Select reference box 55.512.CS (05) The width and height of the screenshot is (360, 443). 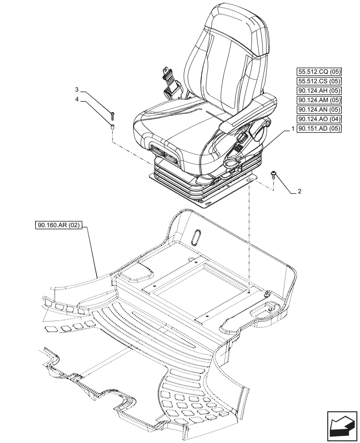point(319,81)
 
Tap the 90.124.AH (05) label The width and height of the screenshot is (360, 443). point(319,91)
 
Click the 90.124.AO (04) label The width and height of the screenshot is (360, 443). point(319,120)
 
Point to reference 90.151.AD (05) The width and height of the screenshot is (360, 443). point(319,129)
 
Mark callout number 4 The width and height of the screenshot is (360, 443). point(77,100)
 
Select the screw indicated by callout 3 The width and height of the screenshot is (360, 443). point(113,116)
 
